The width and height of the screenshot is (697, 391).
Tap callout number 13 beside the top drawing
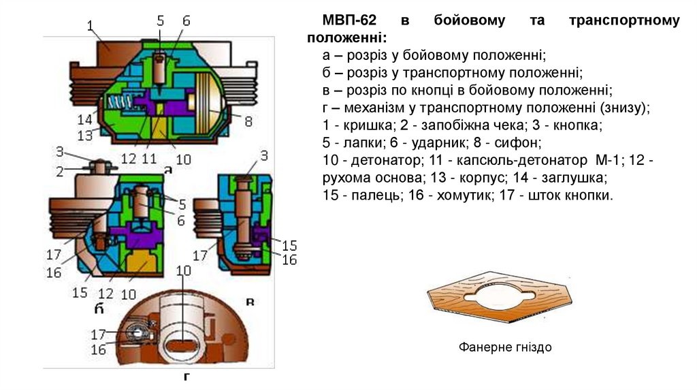tap(85, 135)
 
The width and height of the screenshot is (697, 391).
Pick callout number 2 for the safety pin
tap(61, 171)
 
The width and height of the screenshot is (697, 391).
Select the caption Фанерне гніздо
tap(505, 347)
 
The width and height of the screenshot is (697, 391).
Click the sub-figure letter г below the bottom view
tap(184, 376)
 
